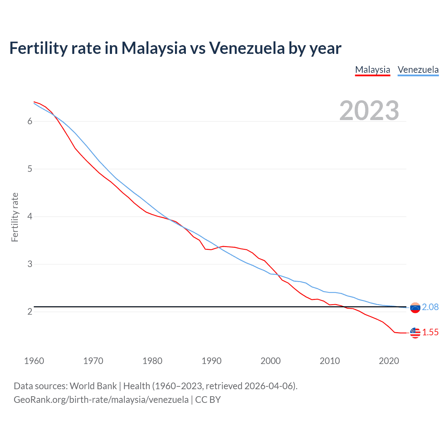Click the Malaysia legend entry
(x=372, y=70)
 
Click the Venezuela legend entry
(x=418, y=70)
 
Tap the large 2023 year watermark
(x=369, y=111)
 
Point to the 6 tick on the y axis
(x=30, y=121)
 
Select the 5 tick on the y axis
(x=30, y=169)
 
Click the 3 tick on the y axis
(x=30, y=264)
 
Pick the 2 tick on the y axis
(x=30, y=311)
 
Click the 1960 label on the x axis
(x=34, y=361)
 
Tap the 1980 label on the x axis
(x=152, y=361)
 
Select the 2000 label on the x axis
(x=271, y=361)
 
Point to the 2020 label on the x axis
(x=389, y=361)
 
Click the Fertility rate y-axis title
(x=15, y=217)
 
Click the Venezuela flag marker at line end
(x=415, y=308)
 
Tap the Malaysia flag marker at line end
(x=415, y=333)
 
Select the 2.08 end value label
(x=430, y=307)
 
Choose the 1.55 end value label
(x=430, y=332)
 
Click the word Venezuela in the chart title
(x=247, y=48)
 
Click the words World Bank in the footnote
(x=93, y=386)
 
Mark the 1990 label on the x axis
(x=211, y=361)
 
